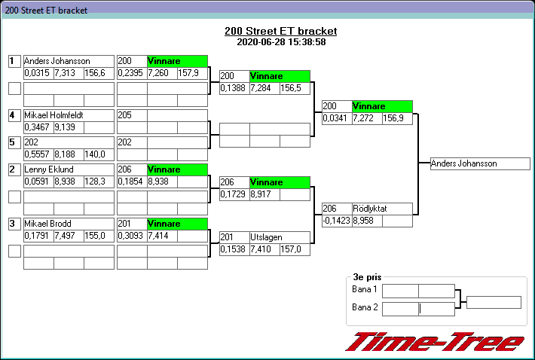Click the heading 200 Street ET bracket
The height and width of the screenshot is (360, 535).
[280, 31]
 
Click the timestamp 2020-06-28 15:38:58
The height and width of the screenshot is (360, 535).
[280, 42]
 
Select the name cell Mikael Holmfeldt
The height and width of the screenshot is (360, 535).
[69, 115]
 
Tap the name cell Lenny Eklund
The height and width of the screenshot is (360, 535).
[69, 169]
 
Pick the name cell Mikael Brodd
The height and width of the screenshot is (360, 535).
[69, 224]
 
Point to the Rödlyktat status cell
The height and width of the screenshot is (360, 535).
[382, 209]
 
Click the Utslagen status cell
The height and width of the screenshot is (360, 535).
[280, 237]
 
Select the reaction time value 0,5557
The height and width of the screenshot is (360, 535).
[38, 154]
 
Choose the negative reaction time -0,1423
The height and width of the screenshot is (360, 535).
[337, 221]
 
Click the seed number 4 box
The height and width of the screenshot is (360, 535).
[14, 115]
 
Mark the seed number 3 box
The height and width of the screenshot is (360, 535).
[14, 224]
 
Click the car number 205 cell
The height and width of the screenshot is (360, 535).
[132, 115]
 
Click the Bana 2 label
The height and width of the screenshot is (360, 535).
[364, 307]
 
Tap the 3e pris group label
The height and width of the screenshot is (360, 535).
[366, 277]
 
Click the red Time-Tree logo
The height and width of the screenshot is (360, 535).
[434, 342]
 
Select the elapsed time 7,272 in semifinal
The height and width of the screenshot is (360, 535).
[367, 119]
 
